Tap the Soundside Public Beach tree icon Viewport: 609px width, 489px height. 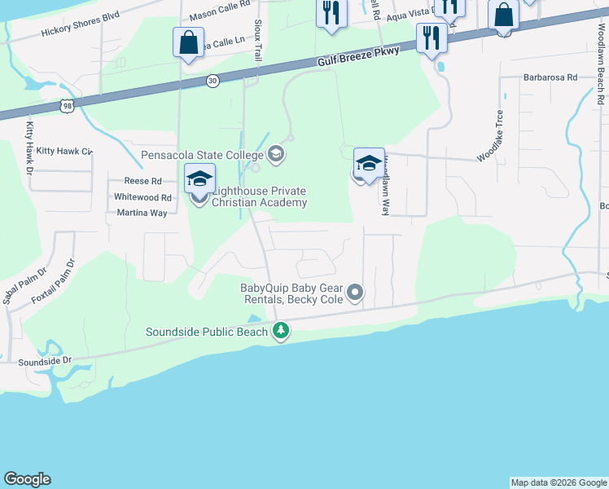tap(281, 331)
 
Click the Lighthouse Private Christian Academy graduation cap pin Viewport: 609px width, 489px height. tap(199, 178)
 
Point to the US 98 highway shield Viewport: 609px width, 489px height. tap(66, 105)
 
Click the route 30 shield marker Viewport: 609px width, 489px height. tap(212, 81)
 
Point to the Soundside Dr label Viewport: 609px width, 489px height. tap(45, 359)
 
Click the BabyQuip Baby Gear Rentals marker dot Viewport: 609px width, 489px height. tap(354, 291)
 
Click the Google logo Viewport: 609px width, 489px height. tap(27, 479)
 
